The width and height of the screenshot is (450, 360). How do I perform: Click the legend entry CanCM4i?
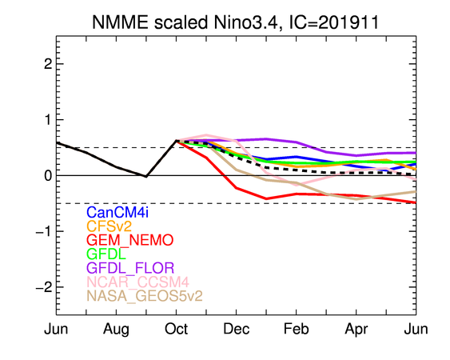117,212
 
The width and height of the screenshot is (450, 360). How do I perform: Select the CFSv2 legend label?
109,226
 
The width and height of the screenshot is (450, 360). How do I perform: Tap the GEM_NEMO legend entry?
130,240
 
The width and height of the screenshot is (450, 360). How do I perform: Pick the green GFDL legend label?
106,254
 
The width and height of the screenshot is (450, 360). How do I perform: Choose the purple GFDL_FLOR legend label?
130,268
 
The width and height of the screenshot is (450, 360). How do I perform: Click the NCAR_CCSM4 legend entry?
137,282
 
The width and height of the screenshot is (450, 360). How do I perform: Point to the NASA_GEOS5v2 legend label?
145,296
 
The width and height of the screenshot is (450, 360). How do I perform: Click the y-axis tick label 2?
48,64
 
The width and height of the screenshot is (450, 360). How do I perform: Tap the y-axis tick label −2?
44,287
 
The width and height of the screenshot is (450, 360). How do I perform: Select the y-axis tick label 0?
48,175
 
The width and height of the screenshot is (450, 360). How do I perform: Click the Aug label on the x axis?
116,330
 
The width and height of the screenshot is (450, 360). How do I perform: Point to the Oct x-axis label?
176,329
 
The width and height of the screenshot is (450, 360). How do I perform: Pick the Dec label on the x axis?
237,329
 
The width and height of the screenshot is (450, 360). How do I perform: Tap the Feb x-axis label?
297,329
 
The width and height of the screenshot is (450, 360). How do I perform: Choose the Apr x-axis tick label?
356,330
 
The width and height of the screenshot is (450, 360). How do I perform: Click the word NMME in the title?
120,22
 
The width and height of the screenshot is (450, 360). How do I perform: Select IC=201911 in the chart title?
334,22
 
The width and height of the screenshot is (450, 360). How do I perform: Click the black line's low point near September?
146,177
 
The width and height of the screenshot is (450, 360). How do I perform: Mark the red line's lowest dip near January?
266,198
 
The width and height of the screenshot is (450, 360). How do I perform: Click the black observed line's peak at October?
176,141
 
